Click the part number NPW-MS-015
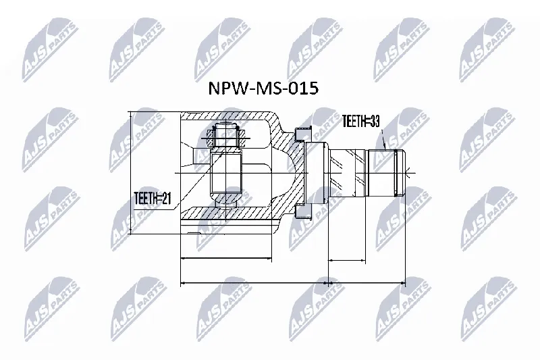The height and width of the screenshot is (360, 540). [263, 89]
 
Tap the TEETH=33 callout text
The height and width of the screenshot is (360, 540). [360, 122]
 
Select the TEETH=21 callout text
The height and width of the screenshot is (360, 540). [153, 198]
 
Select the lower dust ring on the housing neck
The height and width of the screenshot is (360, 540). [303, 211]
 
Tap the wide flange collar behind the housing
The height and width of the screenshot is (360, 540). [316, 173]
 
